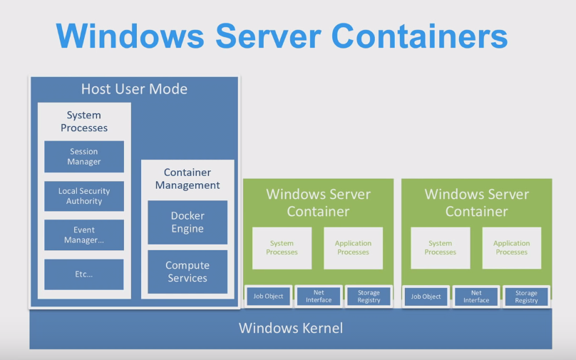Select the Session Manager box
(x=84, y=157)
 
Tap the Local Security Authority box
(x=84, y=196)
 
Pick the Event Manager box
(x=84, y=235)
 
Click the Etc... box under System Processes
(x=84, y=274)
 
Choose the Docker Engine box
(x=187, y=222)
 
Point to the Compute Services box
(x=187, y=272)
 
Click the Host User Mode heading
(x=134, y=89)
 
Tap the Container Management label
(x=187, y=179)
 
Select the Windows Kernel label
(x=290, y=329)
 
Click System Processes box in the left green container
(x=282, y=248)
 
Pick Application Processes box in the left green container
(x=353, y=248)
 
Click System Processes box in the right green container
(x=440, y=248)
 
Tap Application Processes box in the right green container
(x=511, y=248)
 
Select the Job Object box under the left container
(x=269, y=297)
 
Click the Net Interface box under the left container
(x=319, y=297)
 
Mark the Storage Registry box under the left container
(x=369, y=297)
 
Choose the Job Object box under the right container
(x=426, y=297)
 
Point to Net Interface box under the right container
(x=476, y=297)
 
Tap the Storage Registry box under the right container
(x=526, y=297)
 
